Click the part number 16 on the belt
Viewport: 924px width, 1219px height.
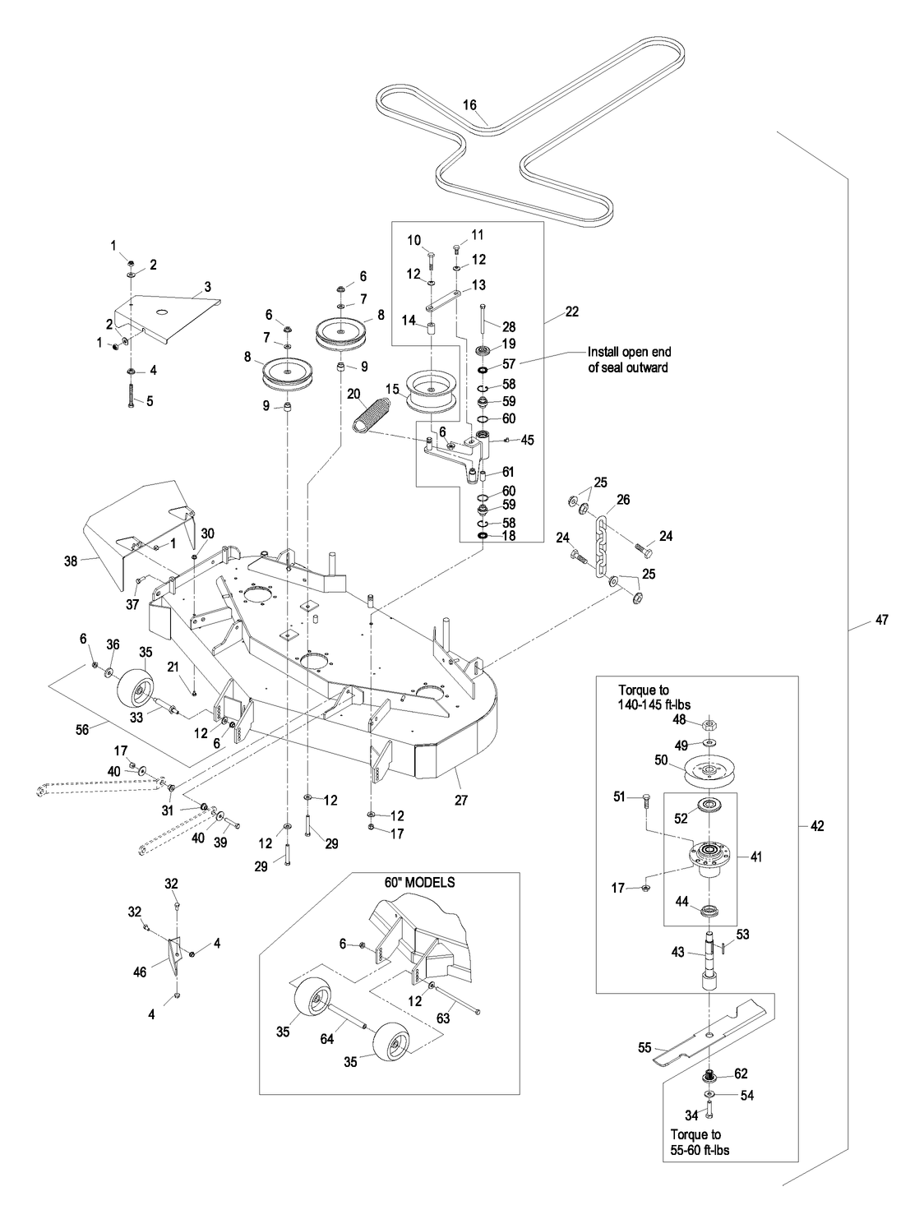[x=469, y=105]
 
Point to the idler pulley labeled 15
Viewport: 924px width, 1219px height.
[x=435, y=392]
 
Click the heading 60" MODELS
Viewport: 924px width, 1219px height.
[x=419, y=882]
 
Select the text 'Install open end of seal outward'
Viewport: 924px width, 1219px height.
[x=627, y=360]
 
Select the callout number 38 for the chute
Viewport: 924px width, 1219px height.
[x=71, y=561]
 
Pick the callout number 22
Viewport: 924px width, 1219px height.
[x=572, y=312]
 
